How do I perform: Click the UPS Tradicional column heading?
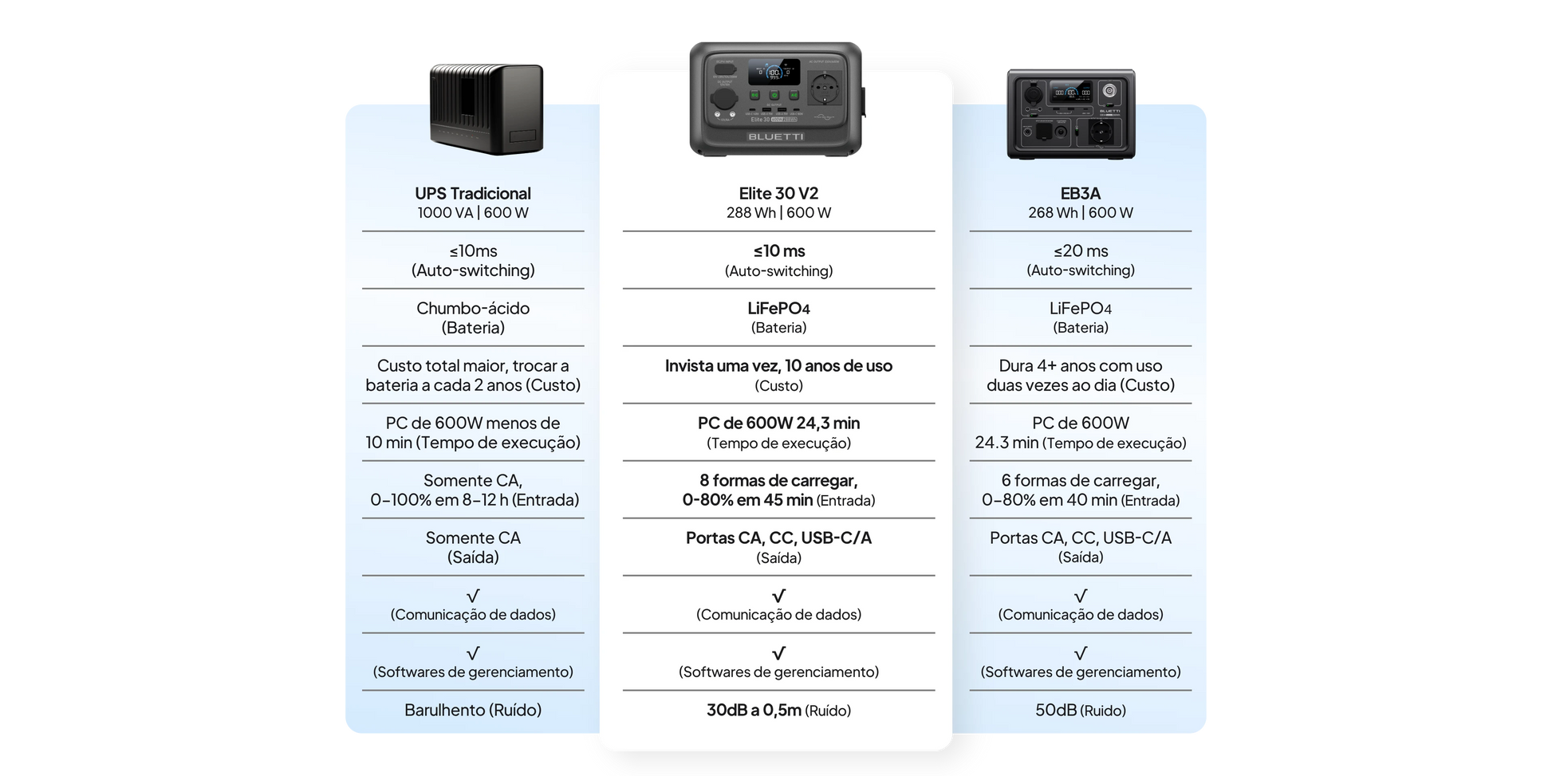tap(473, 194)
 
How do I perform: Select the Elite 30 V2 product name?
tap(778, 194)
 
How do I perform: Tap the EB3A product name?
tap(1081, 194)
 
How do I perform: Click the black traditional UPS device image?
tap(486, 109)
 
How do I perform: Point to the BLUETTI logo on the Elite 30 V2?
tap(776, 136)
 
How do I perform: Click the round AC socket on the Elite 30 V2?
tap(825, 86)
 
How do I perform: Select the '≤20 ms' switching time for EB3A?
tap(1081, 251)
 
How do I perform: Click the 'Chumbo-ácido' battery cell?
tap(473, 317)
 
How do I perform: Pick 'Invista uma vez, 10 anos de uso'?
tap(778, 366)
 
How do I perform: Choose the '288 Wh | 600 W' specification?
tap(778, 213)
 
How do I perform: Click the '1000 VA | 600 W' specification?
tap(473, 213)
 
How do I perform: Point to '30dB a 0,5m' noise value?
tap(754, 710)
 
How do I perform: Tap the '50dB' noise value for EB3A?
tap(1056, 710)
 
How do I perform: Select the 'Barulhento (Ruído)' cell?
tap(473, 710)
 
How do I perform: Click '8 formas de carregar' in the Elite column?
tap(778, 481)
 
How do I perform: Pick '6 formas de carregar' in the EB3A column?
tap(1081, 481)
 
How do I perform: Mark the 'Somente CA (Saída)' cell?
tap(473, 547)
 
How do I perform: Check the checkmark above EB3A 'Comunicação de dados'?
tap(1081, 596)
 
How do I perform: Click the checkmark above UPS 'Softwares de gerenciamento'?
tap(473, 653)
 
